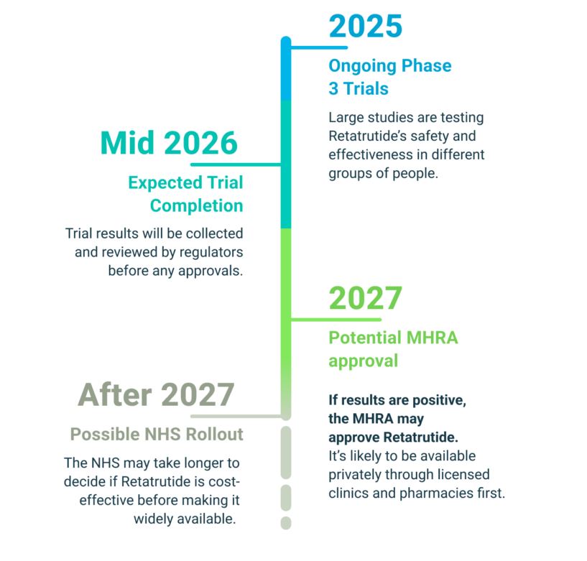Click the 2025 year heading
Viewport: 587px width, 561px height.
tap(365, 27)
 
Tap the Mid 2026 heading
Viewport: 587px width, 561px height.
tap(169, 144)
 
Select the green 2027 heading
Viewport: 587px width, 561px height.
tap(365, 299)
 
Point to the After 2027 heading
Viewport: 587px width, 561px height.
tap(156, 394)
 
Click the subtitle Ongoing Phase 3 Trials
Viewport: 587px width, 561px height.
tap(389, 77)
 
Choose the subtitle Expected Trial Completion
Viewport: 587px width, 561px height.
tap(185, 194)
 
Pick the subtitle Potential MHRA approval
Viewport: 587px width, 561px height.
tap(393, 348)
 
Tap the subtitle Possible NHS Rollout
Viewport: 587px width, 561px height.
tap(157, 435)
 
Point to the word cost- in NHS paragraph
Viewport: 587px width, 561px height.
tap(225, 481)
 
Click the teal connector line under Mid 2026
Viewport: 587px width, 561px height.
tap(259, 164)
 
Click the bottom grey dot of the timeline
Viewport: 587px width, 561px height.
tap(286, 523)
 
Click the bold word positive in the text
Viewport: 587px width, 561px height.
tap(440, 401)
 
